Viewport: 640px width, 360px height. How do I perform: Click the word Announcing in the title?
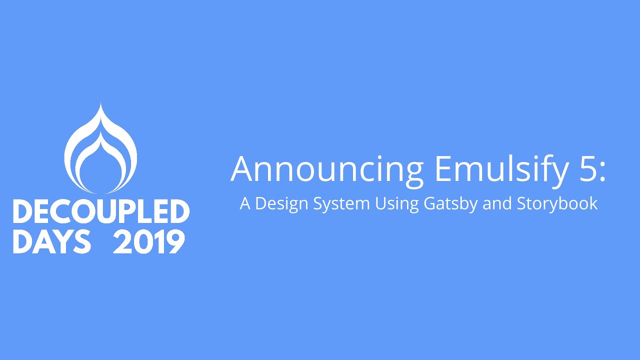pyautogui.click(x=327, y=169)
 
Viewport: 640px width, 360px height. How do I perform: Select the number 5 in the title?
pyautogui.click(x=584, y=169)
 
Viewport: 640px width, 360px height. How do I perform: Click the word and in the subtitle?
pyautogui.click(x=497, y=204)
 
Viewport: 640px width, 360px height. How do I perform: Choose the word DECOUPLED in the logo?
pyautogui.click(x=101, y=212)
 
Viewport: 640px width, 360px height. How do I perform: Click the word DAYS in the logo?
pyautogui.click(x=51, y=242)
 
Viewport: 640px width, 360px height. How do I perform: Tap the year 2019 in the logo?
pyautogui.click(x=149, y=242)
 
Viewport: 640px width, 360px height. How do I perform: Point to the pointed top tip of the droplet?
pyautogui.click(x=100, y=104)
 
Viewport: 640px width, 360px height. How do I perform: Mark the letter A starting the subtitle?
pyautogui.click(x=244, y=204)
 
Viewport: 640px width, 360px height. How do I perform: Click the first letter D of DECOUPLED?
pyautogui.click(x=22, y=212)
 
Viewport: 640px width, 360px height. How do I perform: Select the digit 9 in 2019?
pyautogui.click(x=175, y=242)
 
